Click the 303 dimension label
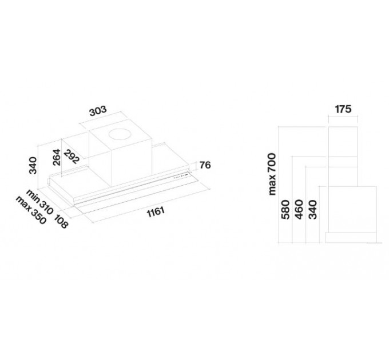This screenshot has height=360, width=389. click(98, 111)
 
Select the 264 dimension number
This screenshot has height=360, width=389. click(57, 157)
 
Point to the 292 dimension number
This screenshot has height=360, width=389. click(72, 157)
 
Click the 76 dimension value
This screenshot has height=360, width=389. click(205, 165)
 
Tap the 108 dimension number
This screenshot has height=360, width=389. click(61, 221)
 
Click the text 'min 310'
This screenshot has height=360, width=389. click(39, 202)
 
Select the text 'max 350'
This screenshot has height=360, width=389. click(31, 210)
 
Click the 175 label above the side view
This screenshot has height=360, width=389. click(343, 109)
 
